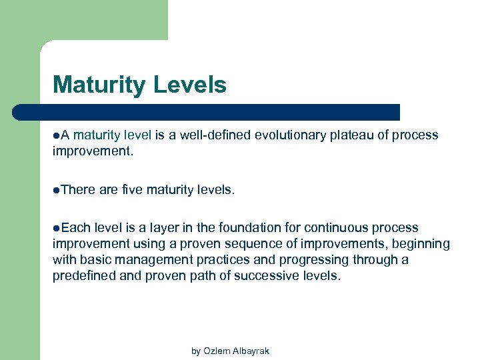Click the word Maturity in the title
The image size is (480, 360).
[x=100, y=85]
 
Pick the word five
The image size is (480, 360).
[x=133, y=191]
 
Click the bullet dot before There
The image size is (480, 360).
[x=55, y=191]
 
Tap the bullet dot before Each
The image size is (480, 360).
[x=55, y=229]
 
